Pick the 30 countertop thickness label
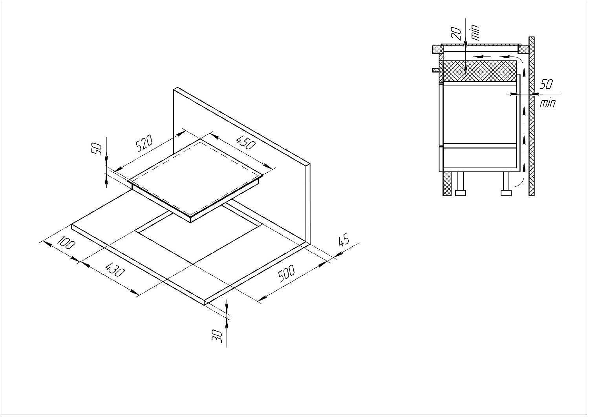pyautogui.click(x=217, y=336)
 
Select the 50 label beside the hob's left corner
pyautogui.click(x=97, y=149)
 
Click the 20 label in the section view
pyautogui.click(x=456, y=34)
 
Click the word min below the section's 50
pyautogui.click(x=547, y=103)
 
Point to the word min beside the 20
pyautogui.click(x=475, y=32)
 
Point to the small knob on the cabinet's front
pyautogui.click(x=435, y=70)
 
